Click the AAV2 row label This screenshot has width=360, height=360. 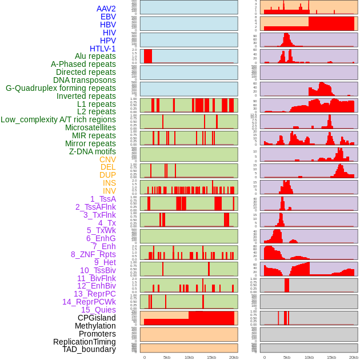106,9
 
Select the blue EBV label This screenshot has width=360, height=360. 108,17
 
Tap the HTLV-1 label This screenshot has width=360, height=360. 103,49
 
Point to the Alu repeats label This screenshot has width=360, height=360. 95,56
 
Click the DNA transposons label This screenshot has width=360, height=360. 85,80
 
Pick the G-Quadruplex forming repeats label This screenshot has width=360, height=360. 61,88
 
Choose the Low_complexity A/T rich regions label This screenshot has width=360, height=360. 58,119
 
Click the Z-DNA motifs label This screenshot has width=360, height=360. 93,151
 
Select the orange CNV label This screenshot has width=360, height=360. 107,159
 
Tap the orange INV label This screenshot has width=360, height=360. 109,191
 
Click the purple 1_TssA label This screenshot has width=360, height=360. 103,199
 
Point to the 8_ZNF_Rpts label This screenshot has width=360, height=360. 93,254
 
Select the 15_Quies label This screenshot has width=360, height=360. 98,310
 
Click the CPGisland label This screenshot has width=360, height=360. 97,318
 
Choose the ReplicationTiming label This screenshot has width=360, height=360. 85,342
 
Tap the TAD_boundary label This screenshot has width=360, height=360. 89,349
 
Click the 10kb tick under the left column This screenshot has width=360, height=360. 189,357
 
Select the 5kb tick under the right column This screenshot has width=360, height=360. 286,357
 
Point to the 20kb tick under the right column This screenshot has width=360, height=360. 354,357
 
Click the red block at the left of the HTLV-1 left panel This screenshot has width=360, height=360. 148,56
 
